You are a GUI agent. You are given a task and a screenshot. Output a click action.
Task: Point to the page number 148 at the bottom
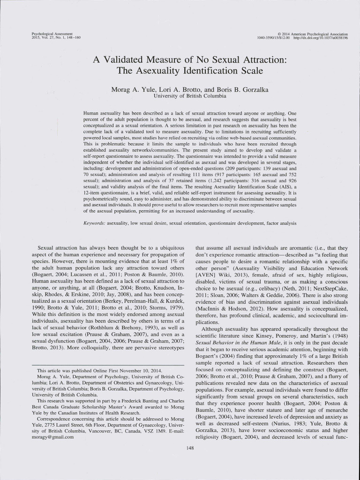pyautogui.click(x=190, y=449)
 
